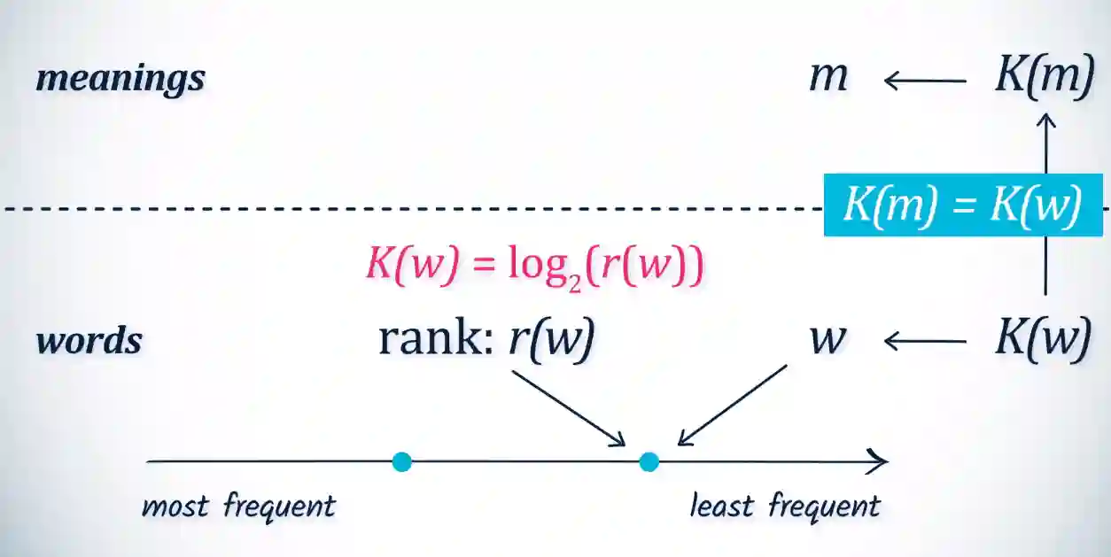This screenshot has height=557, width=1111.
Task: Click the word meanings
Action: pyautogui.click(x=120, y=78)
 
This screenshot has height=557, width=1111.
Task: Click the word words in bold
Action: pyautogui.click(x=89, y=341)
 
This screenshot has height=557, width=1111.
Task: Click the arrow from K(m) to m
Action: pyautogui.click(x=925, y=81)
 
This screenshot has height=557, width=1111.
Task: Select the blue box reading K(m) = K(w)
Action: pyautogui.click(x=962, y=205)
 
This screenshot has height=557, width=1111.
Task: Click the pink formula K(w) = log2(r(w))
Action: pyautogui.click(x=534, y=266)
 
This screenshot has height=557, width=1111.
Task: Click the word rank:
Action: pyautogui.click(x=434, y=339)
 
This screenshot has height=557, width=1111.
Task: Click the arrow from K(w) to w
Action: pyautogui.click(x=925, y=341)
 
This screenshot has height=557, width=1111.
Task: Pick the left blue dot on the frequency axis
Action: pyautogui.click(x=402, y=461)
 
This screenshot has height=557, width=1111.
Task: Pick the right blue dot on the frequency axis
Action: pyautogui.click(x=649, y=461)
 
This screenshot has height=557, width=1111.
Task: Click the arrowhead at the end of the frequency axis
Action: pyautogui.click(x=879, y=461)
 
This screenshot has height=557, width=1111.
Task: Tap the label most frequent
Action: pyautogui.click(x=238, y=507)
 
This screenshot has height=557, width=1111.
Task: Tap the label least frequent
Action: pyautogui.click(x=785, y=507)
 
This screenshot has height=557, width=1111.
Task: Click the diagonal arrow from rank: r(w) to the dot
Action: pyautogui.click(x=569, y=407)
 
